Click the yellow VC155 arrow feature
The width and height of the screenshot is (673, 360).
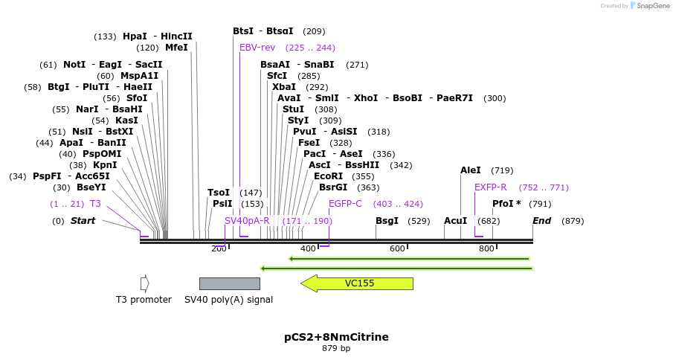click(x=357, y=283)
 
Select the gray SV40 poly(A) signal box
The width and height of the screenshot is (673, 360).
click(x=229, y=283)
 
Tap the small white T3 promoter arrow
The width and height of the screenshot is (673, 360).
click(x=145, y=283)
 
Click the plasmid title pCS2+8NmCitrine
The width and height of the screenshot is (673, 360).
click(x=336, y=337)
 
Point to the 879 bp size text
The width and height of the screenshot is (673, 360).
click(x=336, y=348)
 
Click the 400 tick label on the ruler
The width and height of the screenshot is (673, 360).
click(x=308, y=248)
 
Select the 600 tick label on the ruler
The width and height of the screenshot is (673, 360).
click(x=397, y=248)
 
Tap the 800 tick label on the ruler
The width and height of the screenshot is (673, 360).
click(x=486, y=248)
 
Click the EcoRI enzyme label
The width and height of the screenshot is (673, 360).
click(x=328, y=176)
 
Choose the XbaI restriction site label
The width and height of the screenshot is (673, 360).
click(x=284, y=87)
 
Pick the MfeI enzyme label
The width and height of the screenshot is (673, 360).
click(x=176, y=48)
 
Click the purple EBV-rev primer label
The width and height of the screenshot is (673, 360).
click(x=257, y=48)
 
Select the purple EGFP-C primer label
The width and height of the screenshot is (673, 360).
click(x=345, y=204)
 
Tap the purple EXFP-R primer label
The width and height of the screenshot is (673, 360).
click(x=491, y=187)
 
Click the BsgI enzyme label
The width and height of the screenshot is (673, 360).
click(x=387, y=221)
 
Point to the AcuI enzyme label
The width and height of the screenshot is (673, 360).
click(x=455, y=221)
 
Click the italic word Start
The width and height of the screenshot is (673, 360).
click(x=83, y=221)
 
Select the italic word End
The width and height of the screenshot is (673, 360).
click(x=541, y=221)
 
